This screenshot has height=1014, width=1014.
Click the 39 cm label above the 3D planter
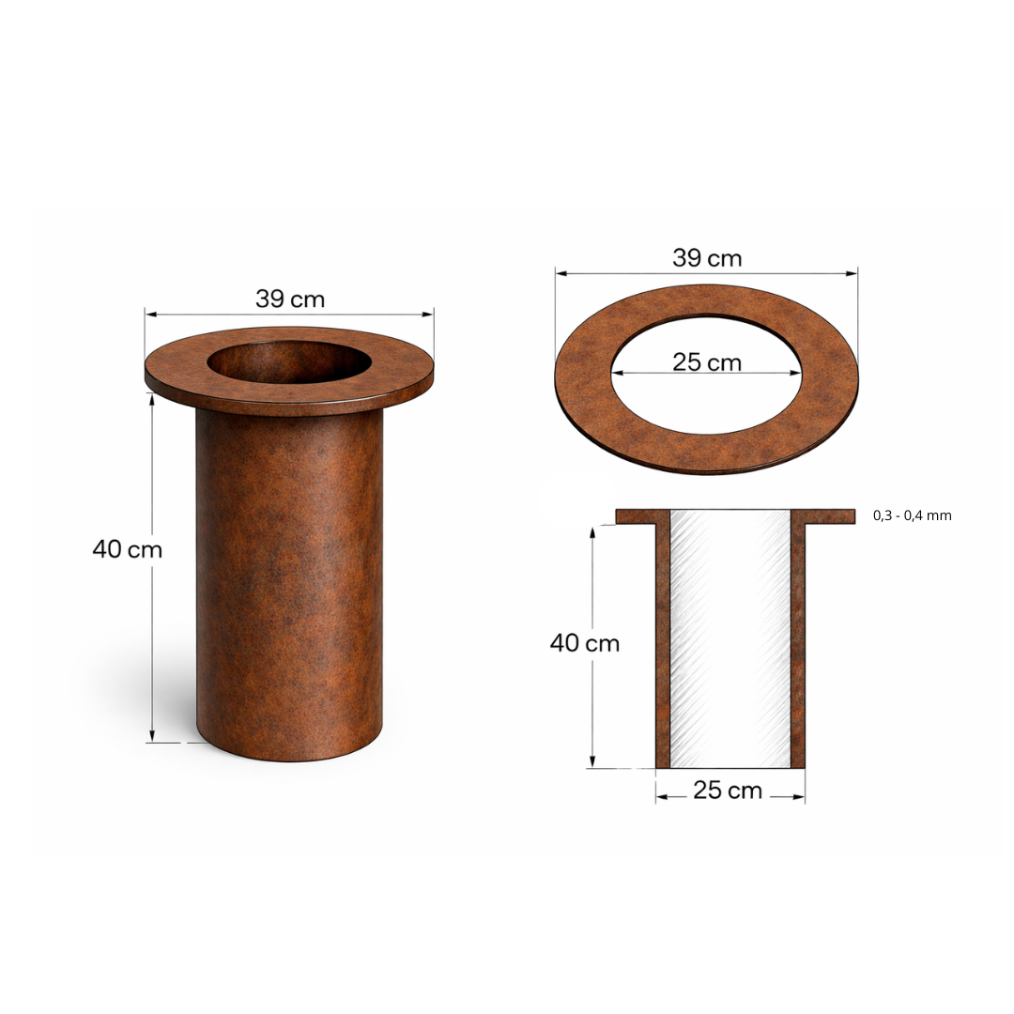(x=290, y=299)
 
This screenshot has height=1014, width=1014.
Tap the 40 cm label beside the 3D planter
(x=128, y=549)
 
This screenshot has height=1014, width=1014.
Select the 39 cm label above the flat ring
(x=707, y=258)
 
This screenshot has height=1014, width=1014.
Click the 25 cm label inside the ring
(x=707, y=362)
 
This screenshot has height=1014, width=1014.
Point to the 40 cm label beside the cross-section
(x=585, y=643)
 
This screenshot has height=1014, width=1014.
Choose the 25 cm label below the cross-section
(x=728, y=791)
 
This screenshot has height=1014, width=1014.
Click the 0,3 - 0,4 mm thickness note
(x=912, y=515)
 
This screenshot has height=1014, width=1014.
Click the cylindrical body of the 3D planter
(x=289, y=582)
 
